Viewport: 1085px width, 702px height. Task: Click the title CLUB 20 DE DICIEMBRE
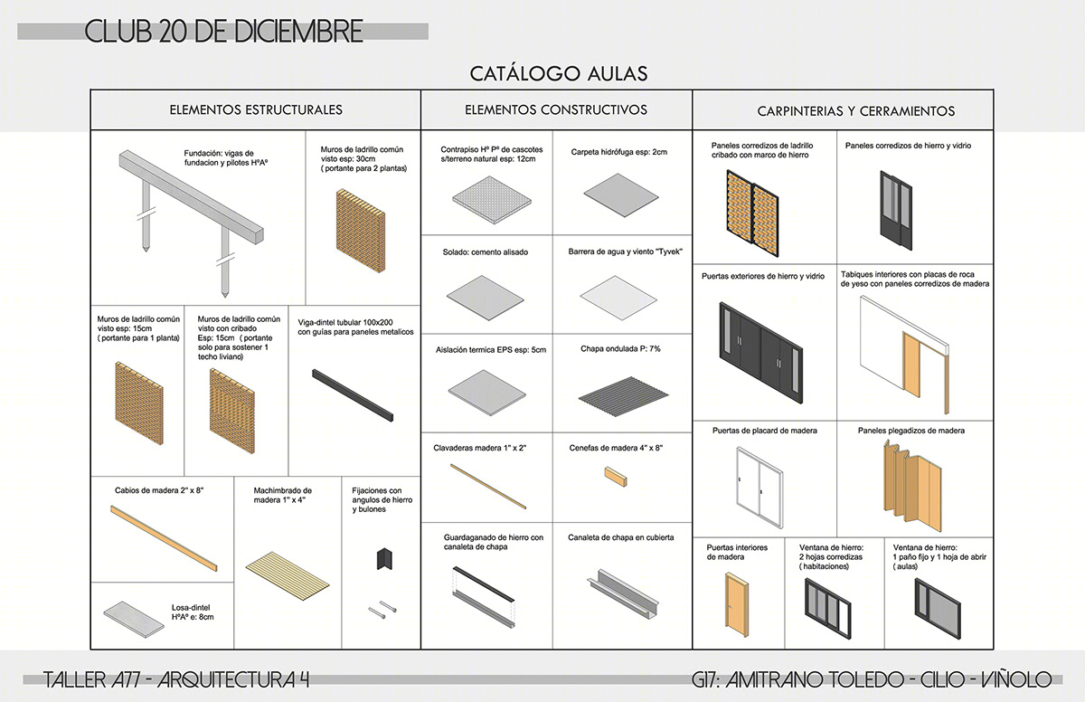pos(224,31)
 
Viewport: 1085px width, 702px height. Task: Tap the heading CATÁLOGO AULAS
pos(559,72)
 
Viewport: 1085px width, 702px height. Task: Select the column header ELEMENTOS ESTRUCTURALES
pos(256,110)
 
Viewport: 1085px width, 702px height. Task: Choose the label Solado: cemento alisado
pos(485,252)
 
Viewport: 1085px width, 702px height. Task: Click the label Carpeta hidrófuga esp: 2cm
pos(618,152)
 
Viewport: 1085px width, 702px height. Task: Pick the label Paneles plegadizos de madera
pos(910,431)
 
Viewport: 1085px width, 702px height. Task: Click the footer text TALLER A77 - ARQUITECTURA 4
pos(176,679)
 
